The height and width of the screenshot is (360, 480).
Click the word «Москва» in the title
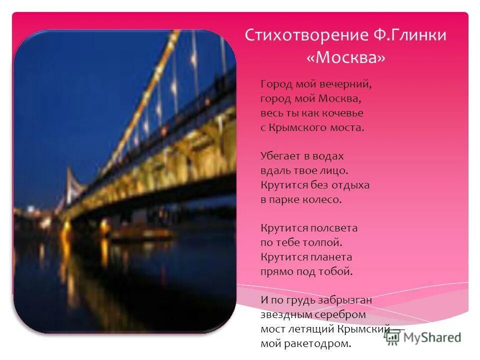[x=345, y=58]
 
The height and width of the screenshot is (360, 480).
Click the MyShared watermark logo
[x=423, y=337]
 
